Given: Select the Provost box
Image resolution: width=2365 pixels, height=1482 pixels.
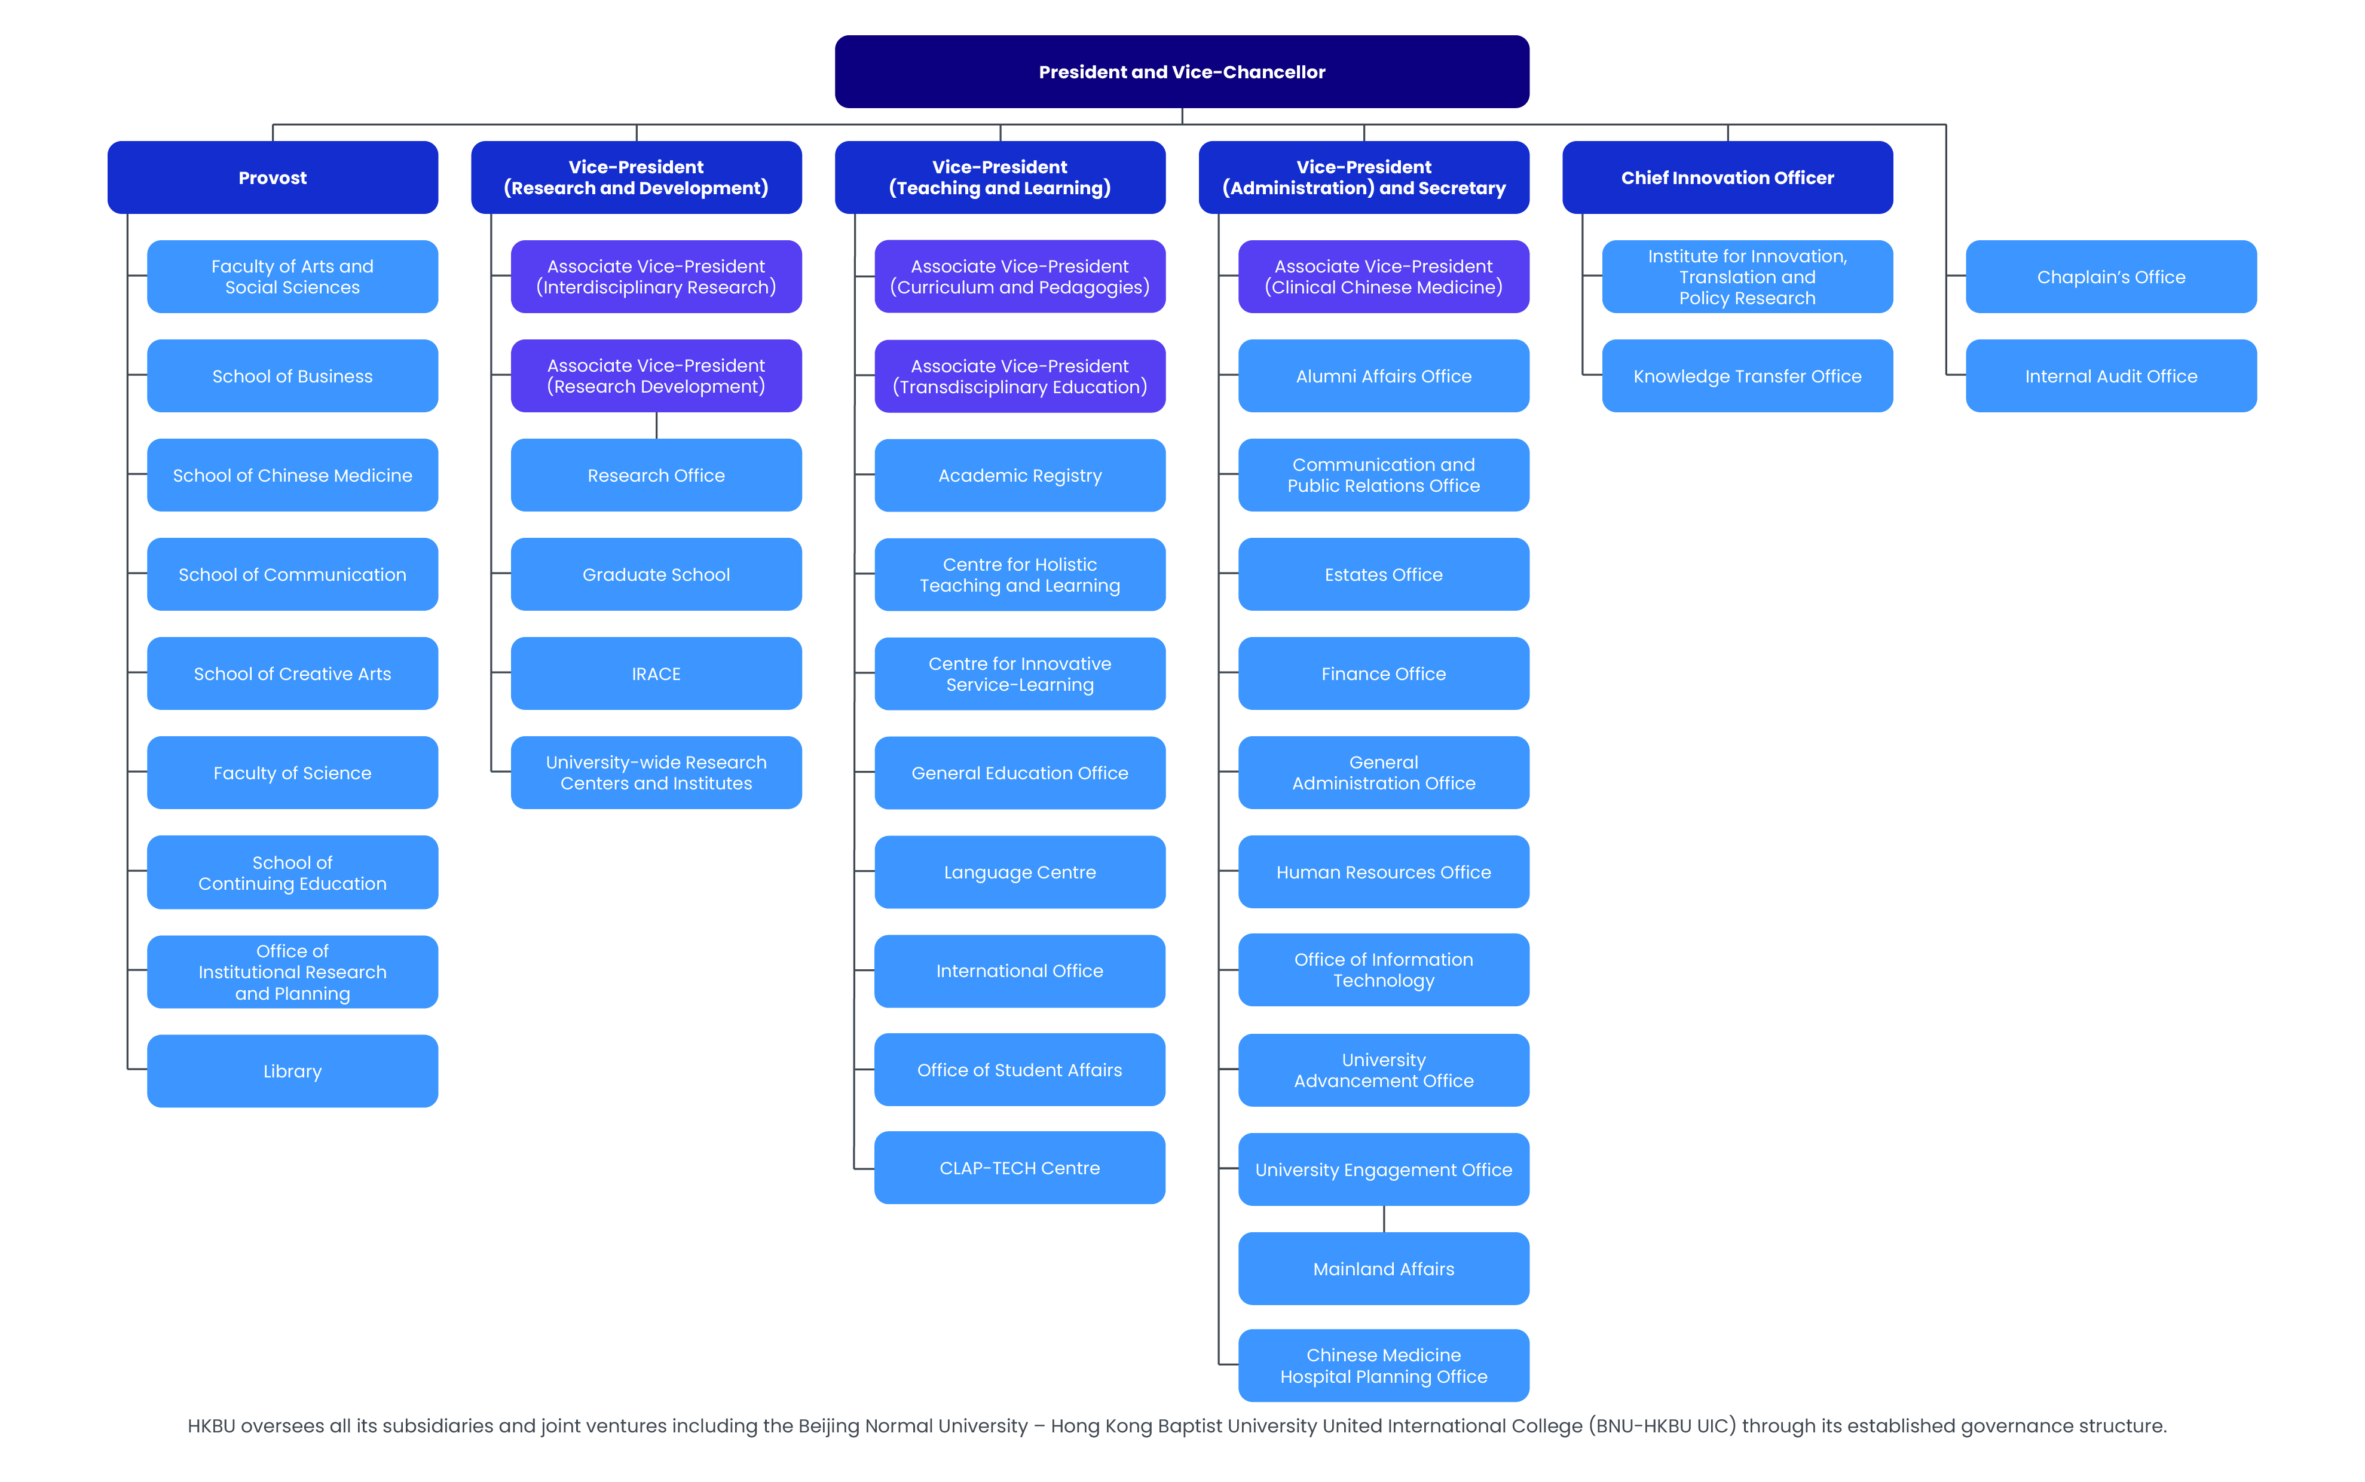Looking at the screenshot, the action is tap(273, 177).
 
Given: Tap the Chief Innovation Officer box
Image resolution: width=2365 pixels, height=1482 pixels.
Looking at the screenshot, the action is tap(1727, 177).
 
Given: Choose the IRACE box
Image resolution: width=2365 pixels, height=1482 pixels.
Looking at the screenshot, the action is tap(656, 673).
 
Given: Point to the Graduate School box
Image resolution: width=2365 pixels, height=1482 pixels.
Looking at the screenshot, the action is tap(656, 574).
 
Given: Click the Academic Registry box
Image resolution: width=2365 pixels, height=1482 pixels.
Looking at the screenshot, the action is tap(1019, 476).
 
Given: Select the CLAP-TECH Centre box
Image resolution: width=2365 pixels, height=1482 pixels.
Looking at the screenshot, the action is tap(1019, 1167).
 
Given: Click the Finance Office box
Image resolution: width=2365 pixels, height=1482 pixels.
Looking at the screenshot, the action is tap(1383, 673).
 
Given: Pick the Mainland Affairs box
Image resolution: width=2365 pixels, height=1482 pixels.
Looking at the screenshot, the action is tap(1383, 1268).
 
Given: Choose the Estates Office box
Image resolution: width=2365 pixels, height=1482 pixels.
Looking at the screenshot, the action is tap(1383, 574).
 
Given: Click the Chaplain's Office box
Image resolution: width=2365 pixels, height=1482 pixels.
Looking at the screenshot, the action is tap(2110, 277).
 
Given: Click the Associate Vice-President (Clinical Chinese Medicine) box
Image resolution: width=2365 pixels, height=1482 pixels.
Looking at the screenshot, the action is tap(1383, 277).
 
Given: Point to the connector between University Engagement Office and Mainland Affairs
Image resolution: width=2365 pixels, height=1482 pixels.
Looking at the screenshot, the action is tap(1383, 1218).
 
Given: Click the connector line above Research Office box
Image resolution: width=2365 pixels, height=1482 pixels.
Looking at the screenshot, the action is tap(656, 425).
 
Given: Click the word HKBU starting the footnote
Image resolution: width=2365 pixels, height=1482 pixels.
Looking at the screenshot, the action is tap(211, 1426).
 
